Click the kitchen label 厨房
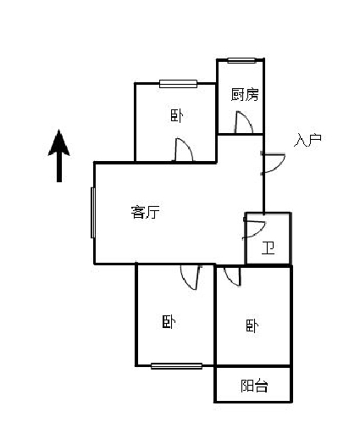point(245,95)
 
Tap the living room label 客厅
point(145,212)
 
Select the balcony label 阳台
point(254,386)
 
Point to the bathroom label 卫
point(268,248)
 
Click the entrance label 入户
point(307,140)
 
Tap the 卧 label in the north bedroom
point(176,115)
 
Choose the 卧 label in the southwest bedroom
point(169,322)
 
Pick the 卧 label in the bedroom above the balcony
point(252,325)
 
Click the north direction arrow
point(59,155)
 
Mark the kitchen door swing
point(244,122)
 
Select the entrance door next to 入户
point(273,164)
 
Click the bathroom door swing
point(254,230)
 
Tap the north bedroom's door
point(184,149)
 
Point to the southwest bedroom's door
point(191,277)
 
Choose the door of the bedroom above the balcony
point(232,275)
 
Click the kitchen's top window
point(241,60)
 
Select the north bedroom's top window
point(178,84)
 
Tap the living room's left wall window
point(93,213)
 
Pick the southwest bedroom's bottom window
point(176,366)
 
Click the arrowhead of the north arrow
point(59,142)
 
